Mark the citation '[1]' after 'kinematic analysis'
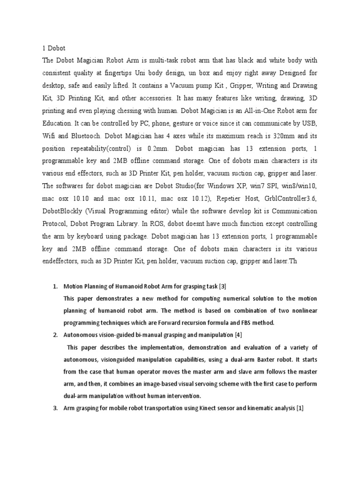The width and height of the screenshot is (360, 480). (300, 408)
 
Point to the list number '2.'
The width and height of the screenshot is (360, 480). (54, 335)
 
